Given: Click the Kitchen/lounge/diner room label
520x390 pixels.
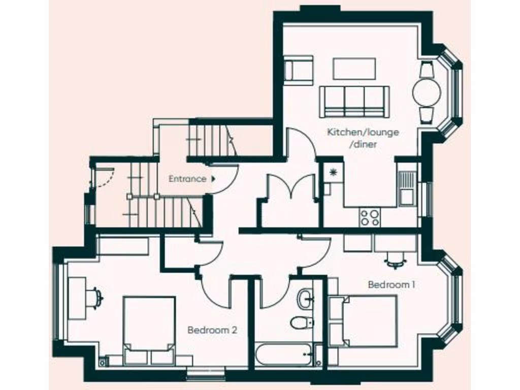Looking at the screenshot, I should [x=363, y=138].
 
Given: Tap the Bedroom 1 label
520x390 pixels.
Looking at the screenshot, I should [x=392, y=284].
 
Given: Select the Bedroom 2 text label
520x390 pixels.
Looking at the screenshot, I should [x=212, y=330].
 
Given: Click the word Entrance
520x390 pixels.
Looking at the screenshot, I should [x=187, y=179].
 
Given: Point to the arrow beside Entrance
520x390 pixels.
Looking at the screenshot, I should [x=213, y=179].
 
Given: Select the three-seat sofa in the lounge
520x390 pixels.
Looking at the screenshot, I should [x=354, y=102].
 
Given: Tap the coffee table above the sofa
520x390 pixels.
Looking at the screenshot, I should [x=354, y=69].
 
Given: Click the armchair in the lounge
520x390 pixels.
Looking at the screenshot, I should [x=298, y=70].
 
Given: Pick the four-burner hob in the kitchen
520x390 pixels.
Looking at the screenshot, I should [x=370, y=217].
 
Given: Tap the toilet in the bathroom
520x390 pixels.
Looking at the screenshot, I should [x=302, y=322].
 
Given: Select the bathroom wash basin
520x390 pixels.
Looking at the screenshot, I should [x=306, y=298].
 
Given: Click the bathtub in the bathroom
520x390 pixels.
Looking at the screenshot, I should [x=283, y=354].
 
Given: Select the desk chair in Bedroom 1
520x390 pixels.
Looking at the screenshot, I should [x=396, y=261].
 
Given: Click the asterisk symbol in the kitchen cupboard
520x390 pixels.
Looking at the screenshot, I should [x=334, y=173].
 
